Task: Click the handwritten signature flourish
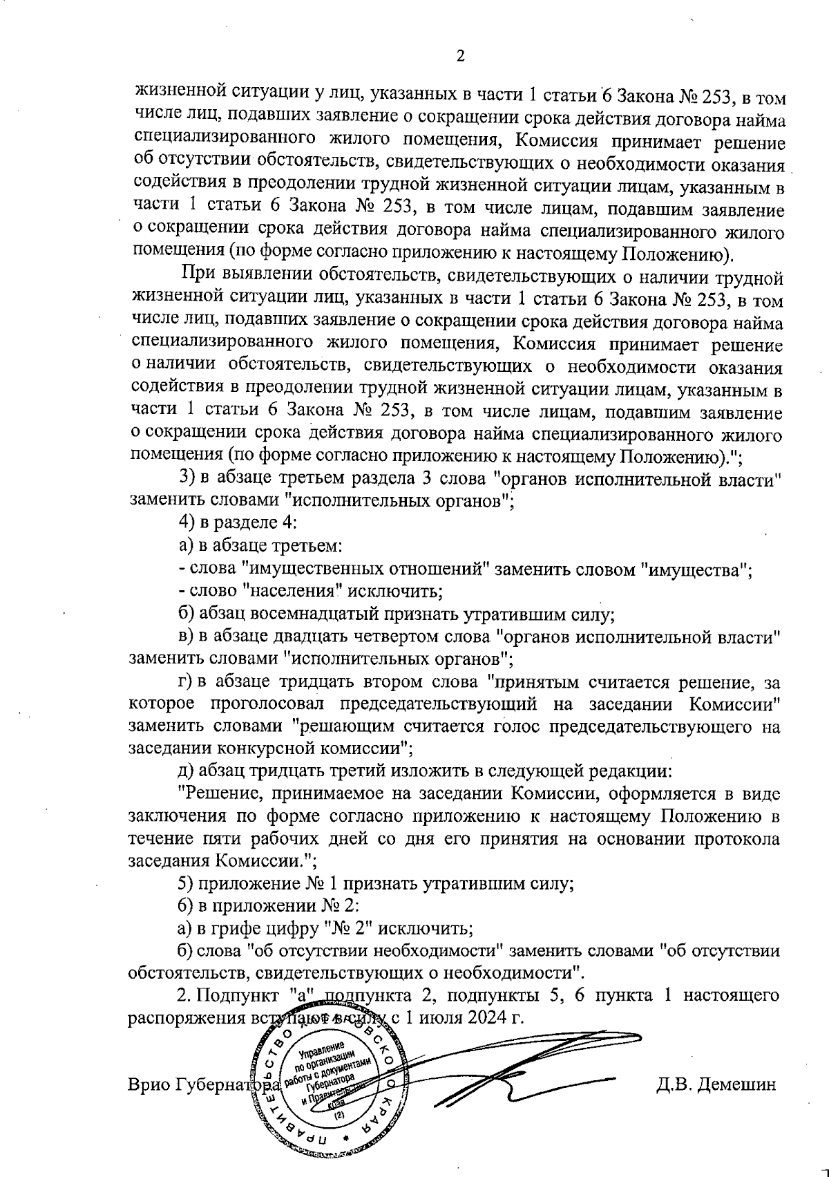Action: tap(525, 1071)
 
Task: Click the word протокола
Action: tap(743, 839)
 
